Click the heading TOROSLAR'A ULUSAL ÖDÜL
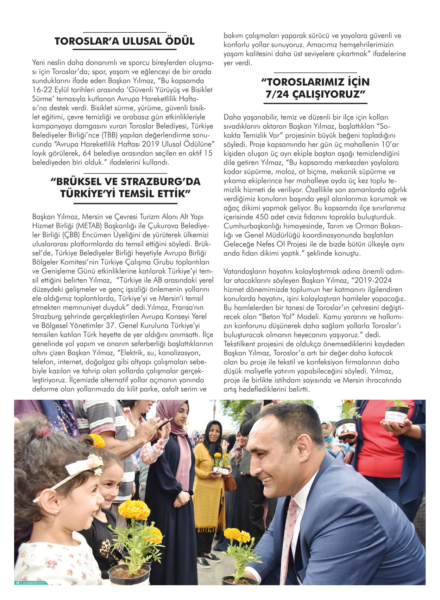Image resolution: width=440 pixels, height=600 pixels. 124,41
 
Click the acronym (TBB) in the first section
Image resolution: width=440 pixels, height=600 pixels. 102,135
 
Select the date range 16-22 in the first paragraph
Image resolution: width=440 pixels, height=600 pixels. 43,90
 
